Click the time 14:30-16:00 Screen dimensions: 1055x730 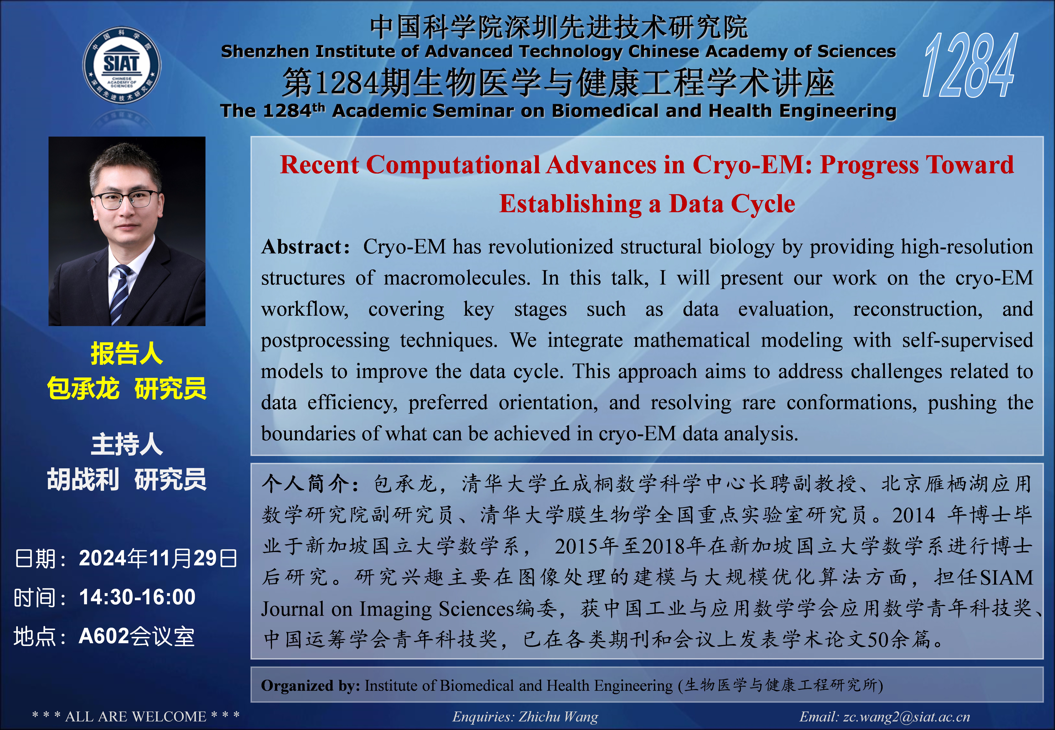[x=137, y=597]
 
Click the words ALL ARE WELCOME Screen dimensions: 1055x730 [x=136, y=716]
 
